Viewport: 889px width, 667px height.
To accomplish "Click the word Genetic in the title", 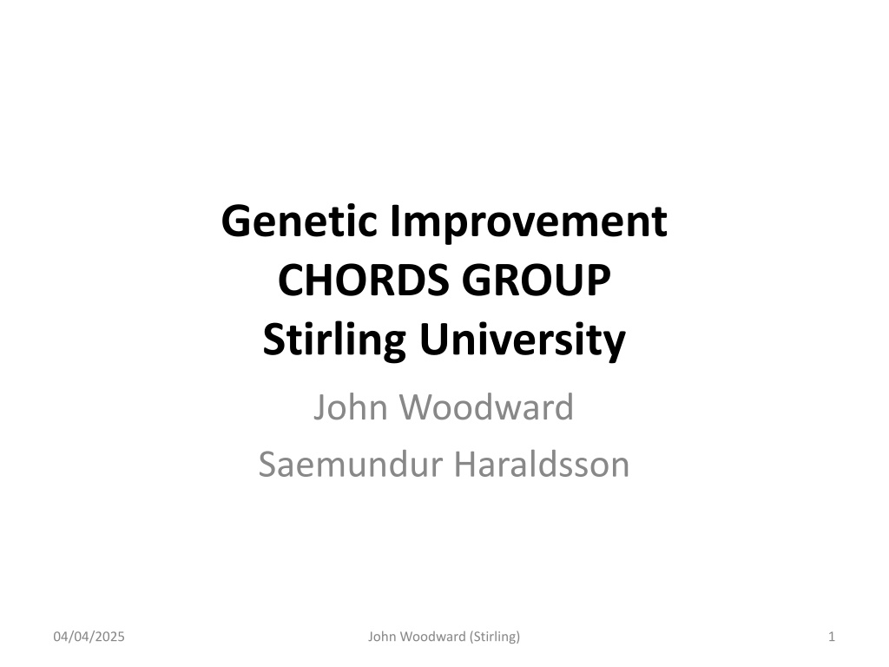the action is point(300,221).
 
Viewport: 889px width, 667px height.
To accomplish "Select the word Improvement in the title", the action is point(529,223).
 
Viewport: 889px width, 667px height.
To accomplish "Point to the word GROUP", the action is point(537,281).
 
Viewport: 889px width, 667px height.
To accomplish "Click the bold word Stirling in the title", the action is point(334,340).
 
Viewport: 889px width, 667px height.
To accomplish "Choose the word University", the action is point(522,340).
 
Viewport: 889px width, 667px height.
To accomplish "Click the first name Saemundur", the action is point(351,465).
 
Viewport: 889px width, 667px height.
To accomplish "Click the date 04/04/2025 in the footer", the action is point(89,637).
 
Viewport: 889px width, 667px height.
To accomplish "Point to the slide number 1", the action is point(832,637).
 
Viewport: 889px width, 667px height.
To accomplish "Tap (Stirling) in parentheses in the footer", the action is point(494,637).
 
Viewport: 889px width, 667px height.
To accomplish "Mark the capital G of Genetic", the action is point(236,221).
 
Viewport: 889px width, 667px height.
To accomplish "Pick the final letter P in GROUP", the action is point(598,281).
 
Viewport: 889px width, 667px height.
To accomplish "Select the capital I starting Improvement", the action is point(395,221).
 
